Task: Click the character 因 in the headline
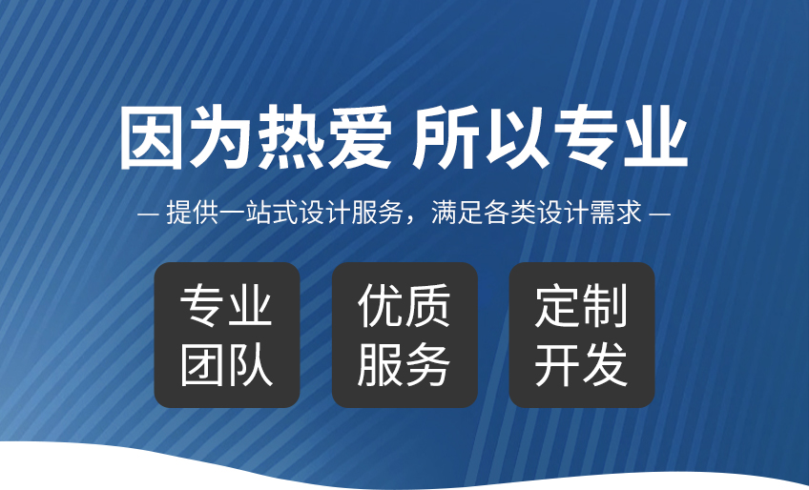click(x=151, y=136)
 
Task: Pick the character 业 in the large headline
click(x=655, y=136)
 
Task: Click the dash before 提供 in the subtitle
click(x=148, y=213)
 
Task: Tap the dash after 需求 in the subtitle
click(x=659, y=213)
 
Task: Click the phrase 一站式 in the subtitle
click(x=259, y=212)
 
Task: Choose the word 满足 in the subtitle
click(x=457, y=212)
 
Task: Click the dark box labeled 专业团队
click(x=227, y=335)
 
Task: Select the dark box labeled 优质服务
click(x=404, y=335)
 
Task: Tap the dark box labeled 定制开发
click(x=582, y=335)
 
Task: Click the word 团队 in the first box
click(x=226, y=365)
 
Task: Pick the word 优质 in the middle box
click(x=404, y=305)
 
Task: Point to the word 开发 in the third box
click(x=582, y=365)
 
